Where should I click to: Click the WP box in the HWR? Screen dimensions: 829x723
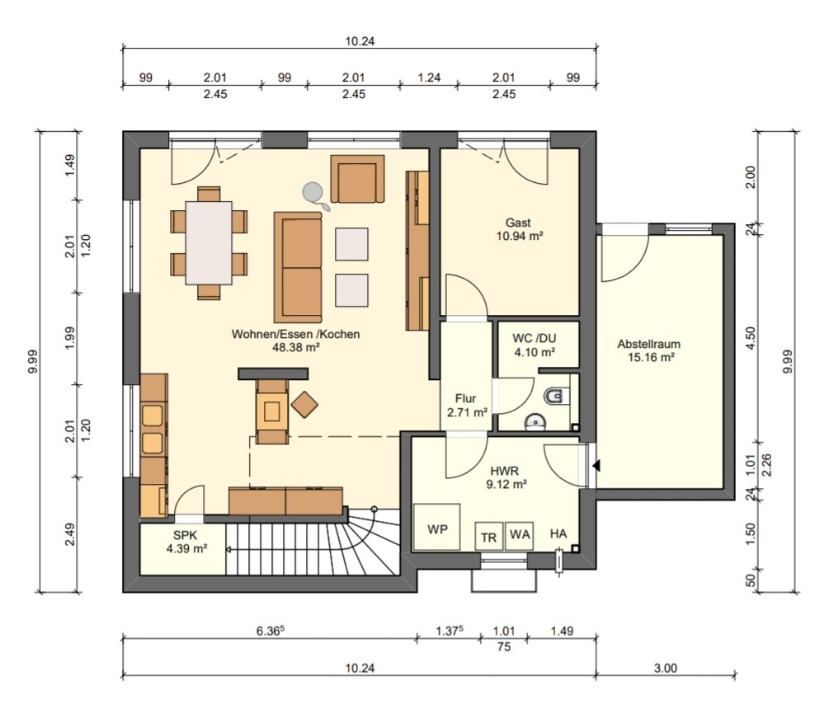[x=436, y=527]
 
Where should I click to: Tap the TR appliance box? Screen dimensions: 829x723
[x=488, y=537]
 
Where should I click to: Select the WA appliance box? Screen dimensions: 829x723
[x=519, y=536]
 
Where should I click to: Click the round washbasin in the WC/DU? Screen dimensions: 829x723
[x=535, y=422]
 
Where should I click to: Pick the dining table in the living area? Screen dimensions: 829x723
[x=209, y=242]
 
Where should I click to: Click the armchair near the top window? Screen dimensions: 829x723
[x=357, y=179]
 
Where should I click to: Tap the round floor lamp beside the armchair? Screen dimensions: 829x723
[x=313, y=193]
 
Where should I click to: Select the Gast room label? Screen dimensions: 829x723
[x=518, y=223]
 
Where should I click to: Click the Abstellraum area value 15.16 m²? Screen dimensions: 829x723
[x=651, y=357]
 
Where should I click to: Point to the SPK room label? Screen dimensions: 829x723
[x=185, y=535]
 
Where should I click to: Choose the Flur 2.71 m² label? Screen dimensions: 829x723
[x=466, y=406]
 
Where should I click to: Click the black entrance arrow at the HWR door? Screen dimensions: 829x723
[x=596, y=466]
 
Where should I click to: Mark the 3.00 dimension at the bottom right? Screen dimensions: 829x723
[x=665, y=668]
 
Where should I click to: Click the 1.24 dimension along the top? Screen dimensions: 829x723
[x=429, y=77]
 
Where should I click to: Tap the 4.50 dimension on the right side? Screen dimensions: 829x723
[x=750, y=338]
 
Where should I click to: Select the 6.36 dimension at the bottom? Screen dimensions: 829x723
[x=271, y=631]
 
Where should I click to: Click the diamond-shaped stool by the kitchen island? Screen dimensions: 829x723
[x=304, y=404]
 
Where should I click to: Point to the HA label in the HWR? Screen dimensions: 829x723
[x=558, y=533]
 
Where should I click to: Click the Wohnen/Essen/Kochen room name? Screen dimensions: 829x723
[x=295, y=334]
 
